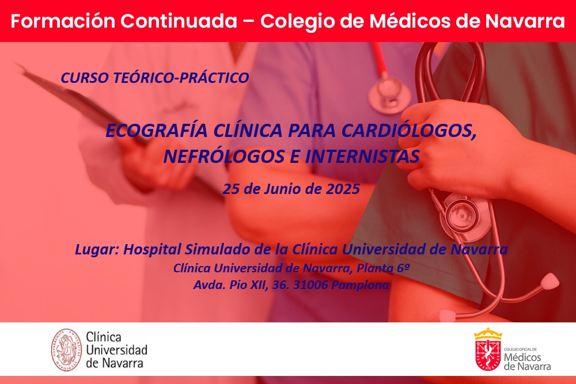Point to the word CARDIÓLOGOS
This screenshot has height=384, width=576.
coord(409,131)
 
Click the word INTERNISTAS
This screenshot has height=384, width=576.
coord(362,157)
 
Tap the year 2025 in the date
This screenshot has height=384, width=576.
coord(343,189)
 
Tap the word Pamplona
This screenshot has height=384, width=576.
coord(361,285)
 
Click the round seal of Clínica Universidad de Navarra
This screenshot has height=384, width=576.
coord(66,350)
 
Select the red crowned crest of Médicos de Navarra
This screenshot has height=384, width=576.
coord(488,350)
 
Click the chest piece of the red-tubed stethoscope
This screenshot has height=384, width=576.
coord(389,94)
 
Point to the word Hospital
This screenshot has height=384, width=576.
coord(152,250)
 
